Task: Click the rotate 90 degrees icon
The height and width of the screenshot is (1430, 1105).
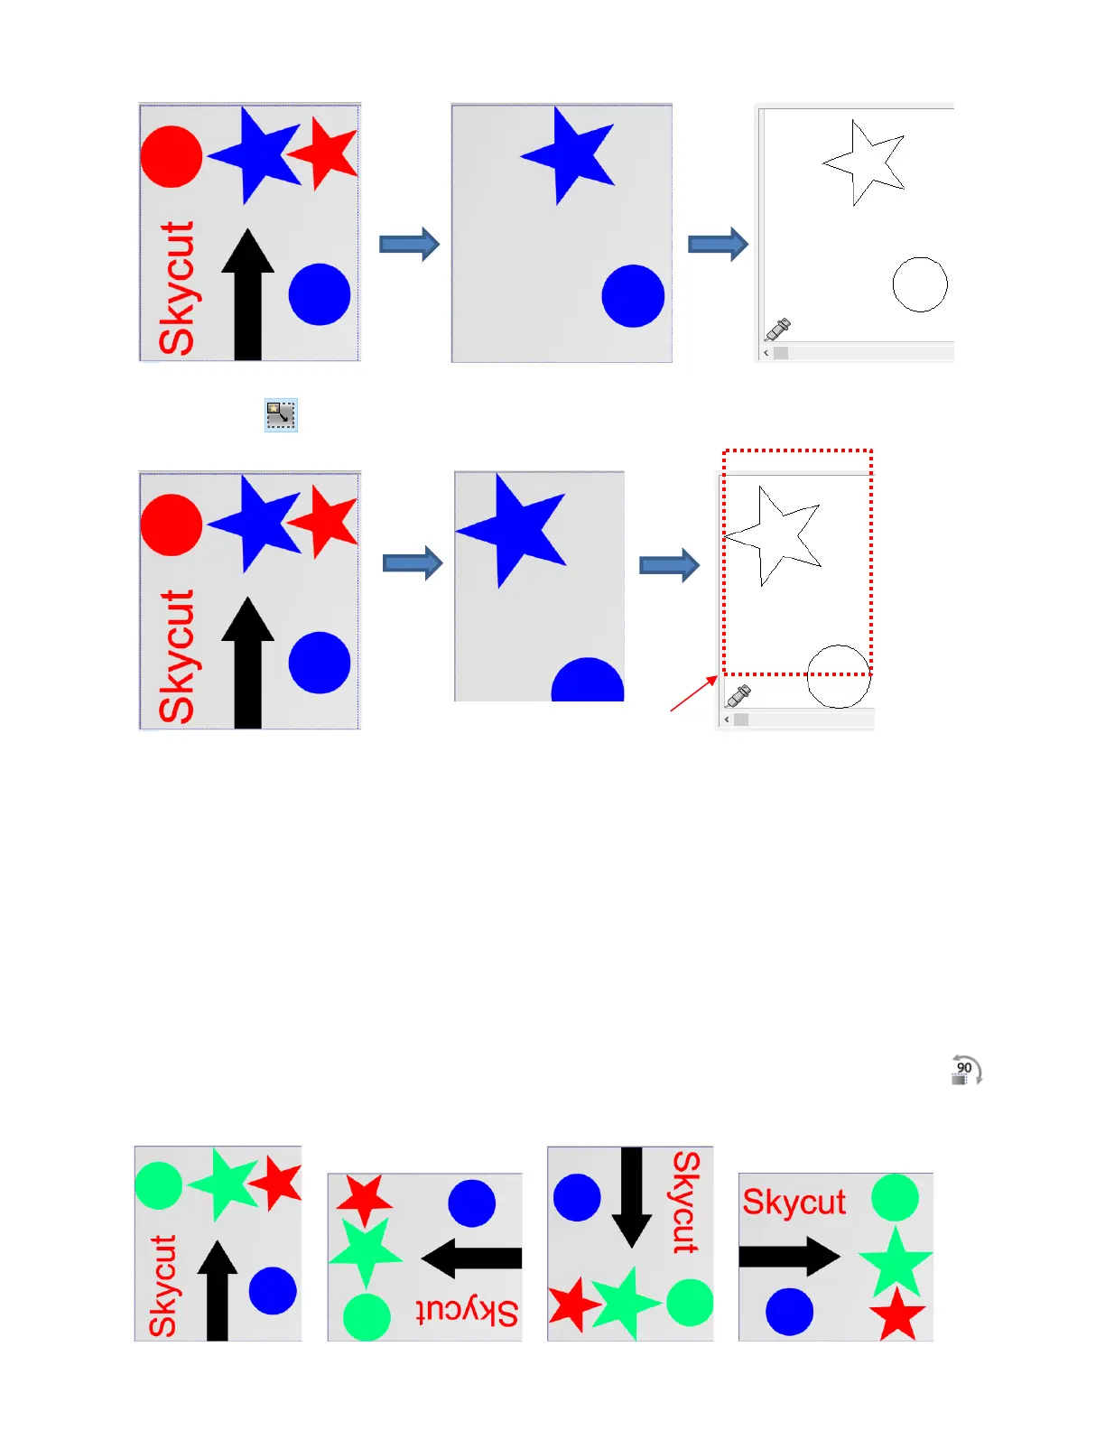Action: point(966,1071)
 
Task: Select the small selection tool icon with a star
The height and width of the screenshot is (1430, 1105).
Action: point(281,414)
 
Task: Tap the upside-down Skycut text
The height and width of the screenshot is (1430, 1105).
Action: point(468,1311)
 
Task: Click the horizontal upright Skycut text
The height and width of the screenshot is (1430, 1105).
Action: point(794,1202)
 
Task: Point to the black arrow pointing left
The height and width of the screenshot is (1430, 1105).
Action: point(471,1258)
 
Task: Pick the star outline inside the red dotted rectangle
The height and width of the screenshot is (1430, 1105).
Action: point(775,534)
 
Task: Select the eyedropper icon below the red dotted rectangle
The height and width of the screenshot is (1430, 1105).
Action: point(739,695)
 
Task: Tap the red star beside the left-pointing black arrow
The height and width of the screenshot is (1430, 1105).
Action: point(365,1201)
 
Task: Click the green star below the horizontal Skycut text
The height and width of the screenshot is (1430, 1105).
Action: point(896,1261)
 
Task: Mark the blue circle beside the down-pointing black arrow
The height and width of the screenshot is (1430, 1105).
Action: point(577,1197)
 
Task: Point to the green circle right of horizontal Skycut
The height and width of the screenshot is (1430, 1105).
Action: point(895,1198)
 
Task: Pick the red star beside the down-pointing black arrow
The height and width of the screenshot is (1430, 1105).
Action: point(571,1305)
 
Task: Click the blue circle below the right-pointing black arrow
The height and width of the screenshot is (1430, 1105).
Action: point(789,1311)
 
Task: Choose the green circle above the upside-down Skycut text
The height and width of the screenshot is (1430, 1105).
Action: point(367,1316)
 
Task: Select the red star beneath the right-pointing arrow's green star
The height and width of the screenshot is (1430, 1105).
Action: point(897,1315)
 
